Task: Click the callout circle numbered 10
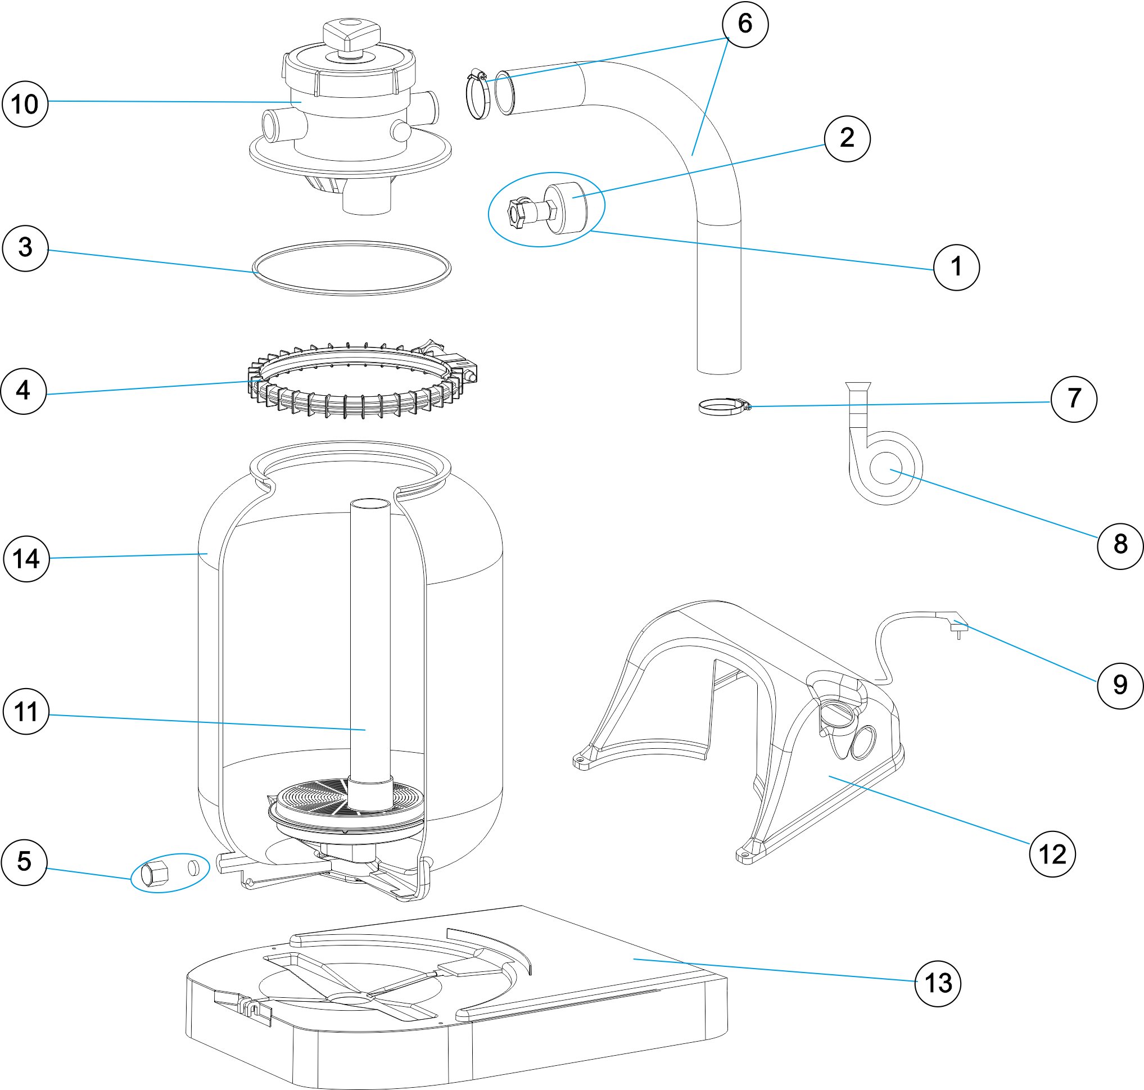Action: point(25,104)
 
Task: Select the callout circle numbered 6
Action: point(745,24)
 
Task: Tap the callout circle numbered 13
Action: point(938,983)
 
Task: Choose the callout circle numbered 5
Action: point(24,862)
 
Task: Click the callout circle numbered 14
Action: point(26,558)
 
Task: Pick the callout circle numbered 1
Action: point(956,267)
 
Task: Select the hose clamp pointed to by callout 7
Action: point(724,406)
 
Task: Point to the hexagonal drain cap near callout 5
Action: point(155,873)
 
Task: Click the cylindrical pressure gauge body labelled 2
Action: point(566,208)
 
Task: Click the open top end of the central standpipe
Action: point(370,504)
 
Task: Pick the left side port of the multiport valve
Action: point(278,123)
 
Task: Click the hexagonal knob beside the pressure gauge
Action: point(519,211)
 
